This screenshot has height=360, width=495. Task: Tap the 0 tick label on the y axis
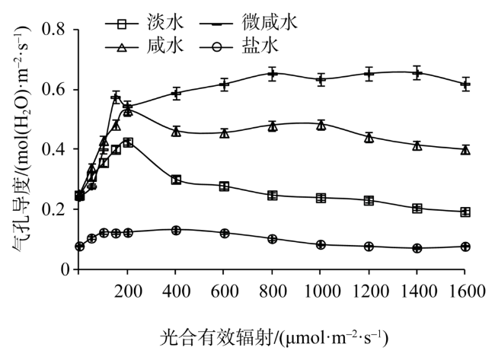[x=64, y=269]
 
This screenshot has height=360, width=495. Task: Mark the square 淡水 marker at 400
[x=176, y=180]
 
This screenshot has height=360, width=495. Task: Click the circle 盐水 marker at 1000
[x=321, y=244]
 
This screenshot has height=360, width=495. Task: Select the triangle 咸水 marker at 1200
[x=369, y=138]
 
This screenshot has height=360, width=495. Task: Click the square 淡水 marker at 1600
[x=465, y=212]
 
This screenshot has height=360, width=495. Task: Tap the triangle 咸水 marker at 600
[x=225, y=133]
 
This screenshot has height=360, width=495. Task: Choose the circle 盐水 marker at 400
[x=176, y=230]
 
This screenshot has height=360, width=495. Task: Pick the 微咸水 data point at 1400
[x=417, y=73]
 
